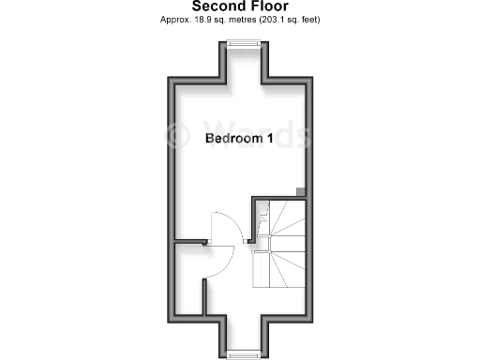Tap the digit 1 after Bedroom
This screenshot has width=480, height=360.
point(271,139)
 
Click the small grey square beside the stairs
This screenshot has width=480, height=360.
point(301,192)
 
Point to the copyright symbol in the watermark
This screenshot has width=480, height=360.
point(176,134)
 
